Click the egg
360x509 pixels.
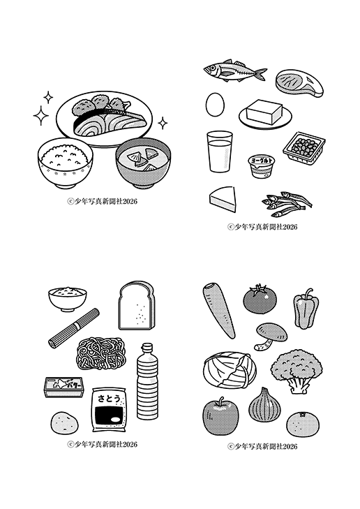point(215,104)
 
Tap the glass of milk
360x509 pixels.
point(220,152)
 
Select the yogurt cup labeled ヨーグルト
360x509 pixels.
point(262,166)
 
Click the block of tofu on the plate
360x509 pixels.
point(264,111)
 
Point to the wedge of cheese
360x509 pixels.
point(223,199)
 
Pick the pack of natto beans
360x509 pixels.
point(304,148)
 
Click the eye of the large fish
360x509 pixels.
point(212,68)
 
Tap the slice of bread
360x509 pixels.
point(137,305)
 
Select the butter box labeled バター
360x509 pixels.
point(65,387)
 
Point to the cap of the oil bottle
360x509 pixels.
point(147,348)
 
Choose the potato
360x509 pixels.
point(65,422)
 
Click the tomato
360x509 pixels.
point(260,298)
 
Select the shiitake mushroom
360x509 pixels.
point(271,336)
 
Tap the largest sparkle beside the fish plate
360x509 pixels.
point(41,116)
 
